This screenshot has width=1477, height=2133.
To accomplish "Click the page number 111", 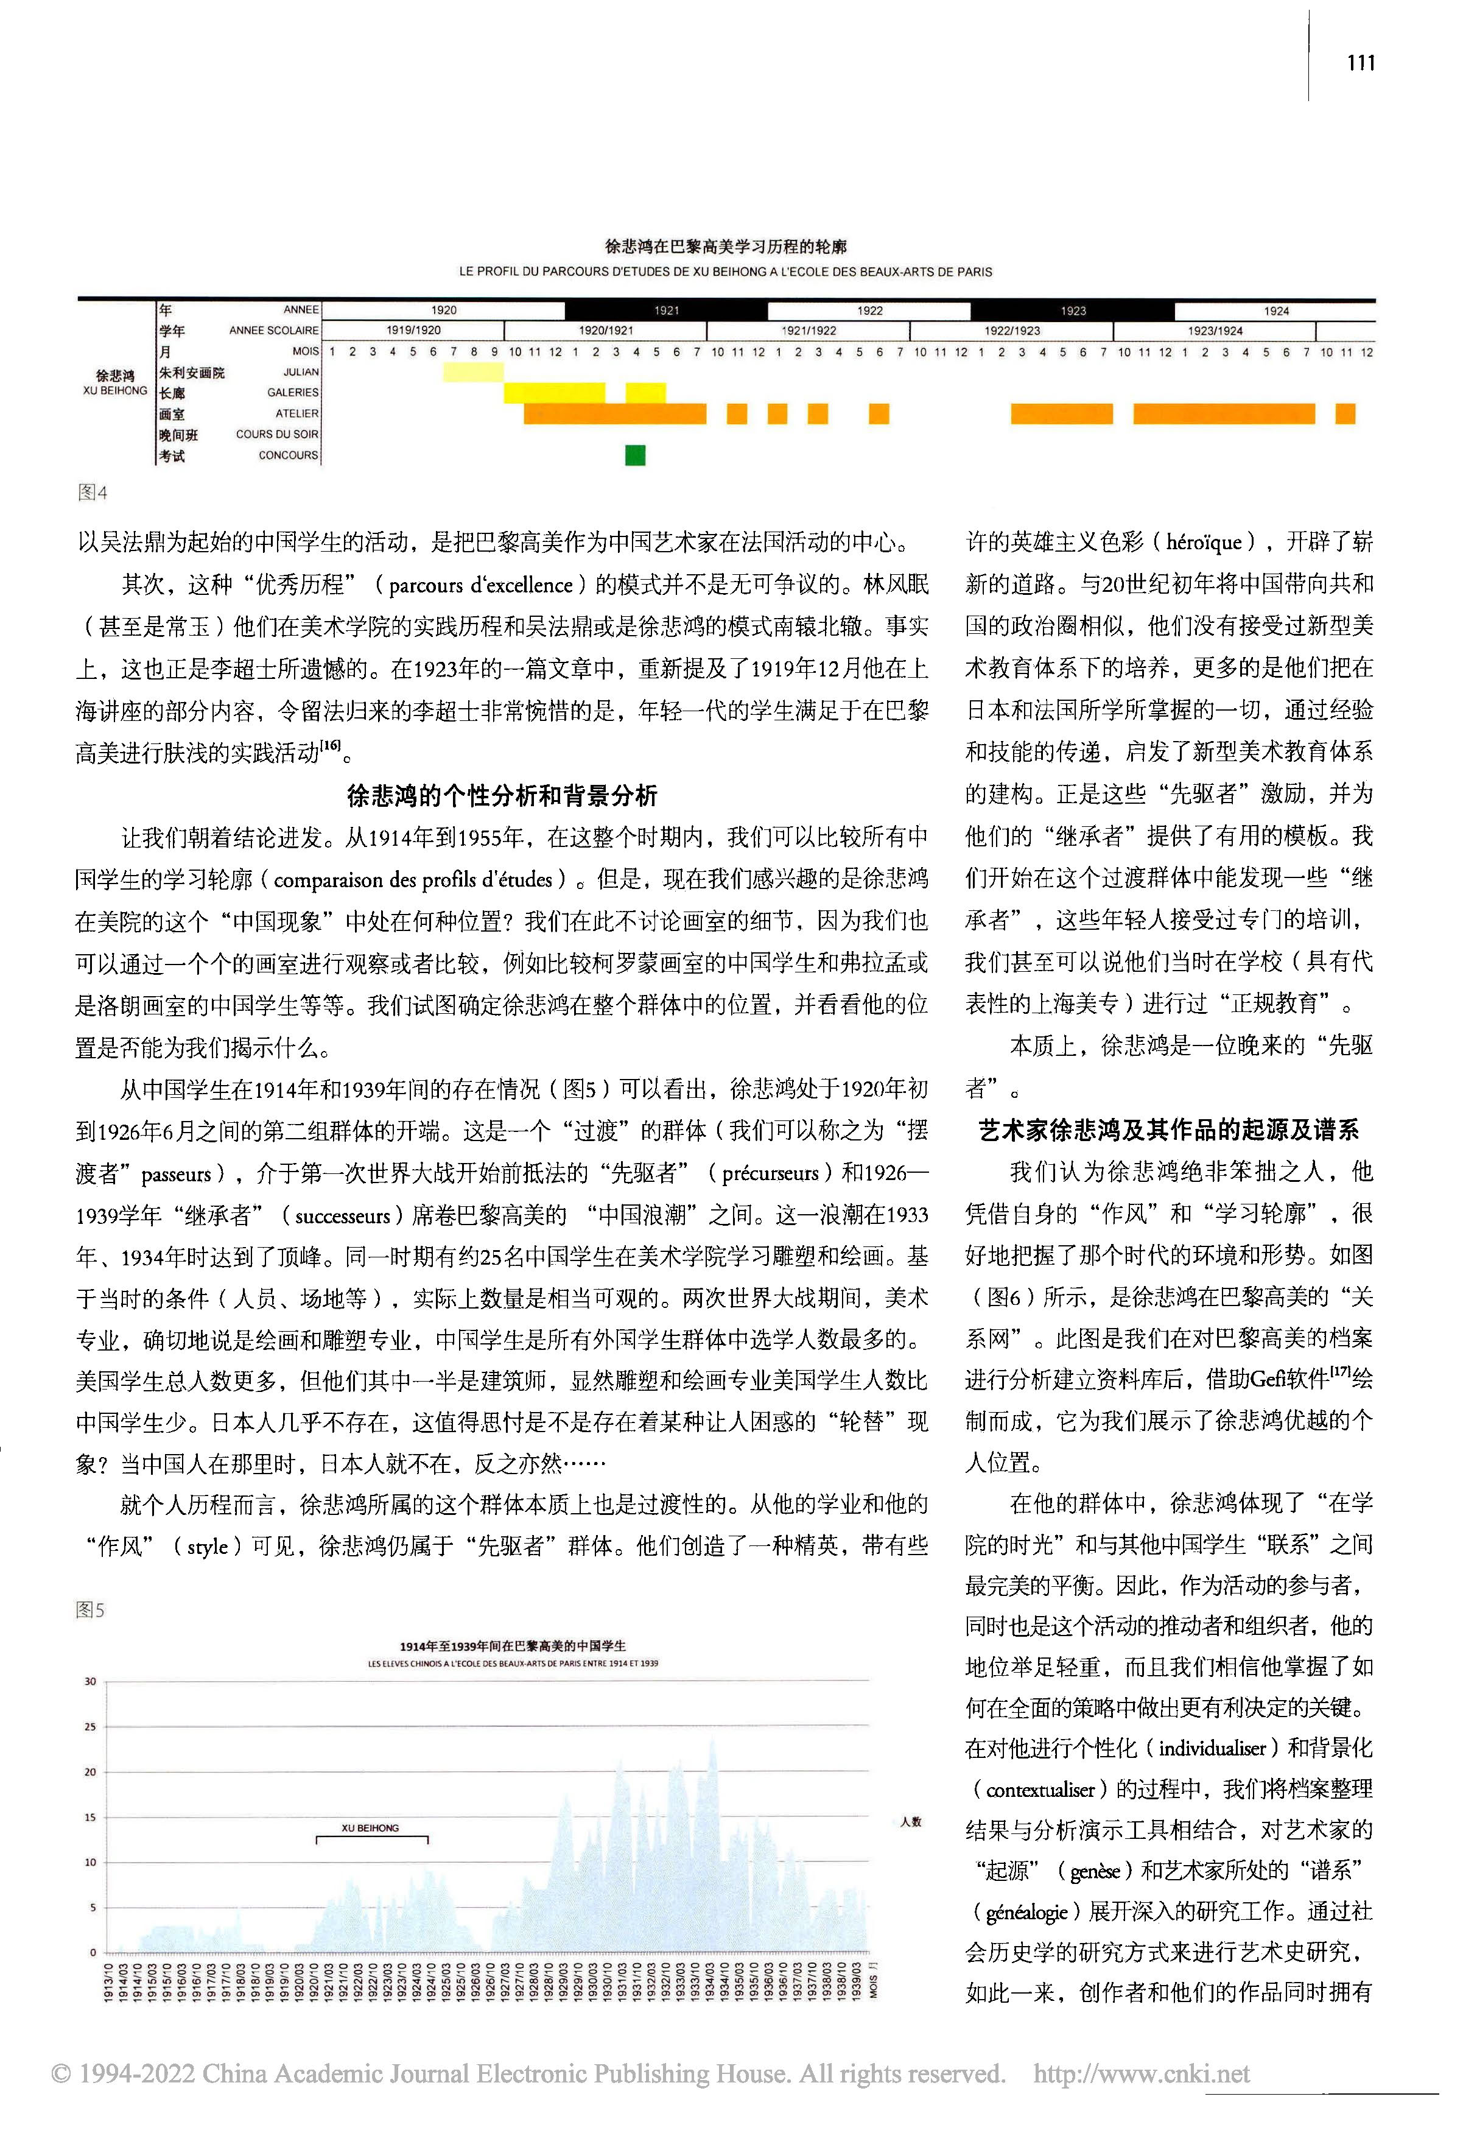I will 1360,63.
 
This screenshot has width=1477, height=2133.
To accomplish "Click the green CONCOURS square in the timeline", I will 635,455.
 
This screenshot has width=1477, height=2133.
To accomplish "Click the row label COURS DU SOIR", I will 276,434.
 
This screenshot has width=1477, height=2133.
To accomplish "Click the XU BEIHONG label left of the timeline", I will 114,383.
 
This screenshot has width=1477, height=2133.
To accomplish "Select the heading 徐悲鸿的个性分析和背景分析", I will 502,795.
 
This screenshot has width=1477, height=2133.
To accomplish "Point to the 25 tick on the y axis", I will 89,1727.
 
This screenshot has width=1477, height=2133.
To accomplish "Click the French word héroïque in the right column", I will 1205,543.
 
